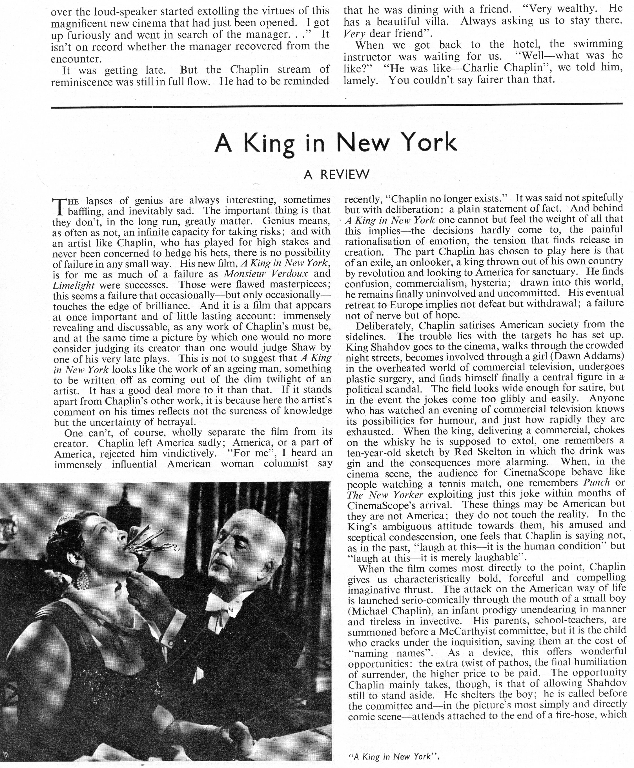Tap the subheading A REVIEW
pos(336,175)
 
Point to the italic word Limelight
pos(74,285)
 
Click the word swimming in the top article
pos(597,44)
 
